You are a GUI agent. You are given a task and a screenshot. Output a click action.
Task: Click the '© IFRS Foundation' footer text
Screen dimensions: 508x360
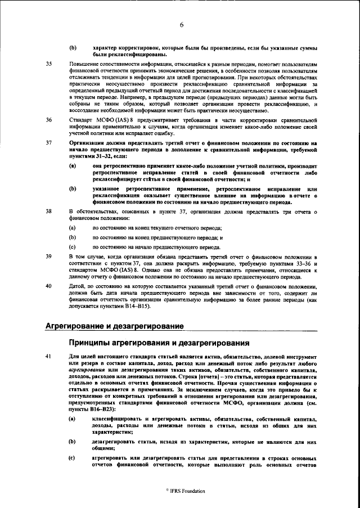[182, 491]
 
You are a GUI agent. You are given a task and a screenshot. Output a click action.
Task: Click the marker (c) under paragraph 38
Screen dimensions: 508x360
[72, 246]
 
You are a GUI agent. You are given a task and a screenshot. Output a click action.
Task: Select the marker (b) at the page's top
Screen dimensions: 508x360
[72, 48]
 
